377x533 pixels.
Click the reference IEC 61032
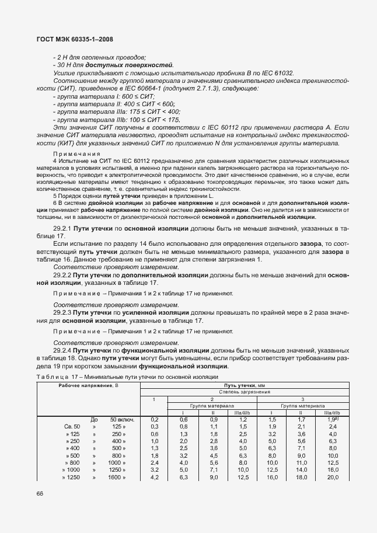coord(274,73)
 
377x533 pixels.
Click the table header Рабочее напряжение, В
coord(88,386)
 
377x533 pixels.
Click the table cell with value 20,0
coord(333,477)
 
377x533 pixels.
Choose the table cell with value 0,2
coord(155,419)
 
